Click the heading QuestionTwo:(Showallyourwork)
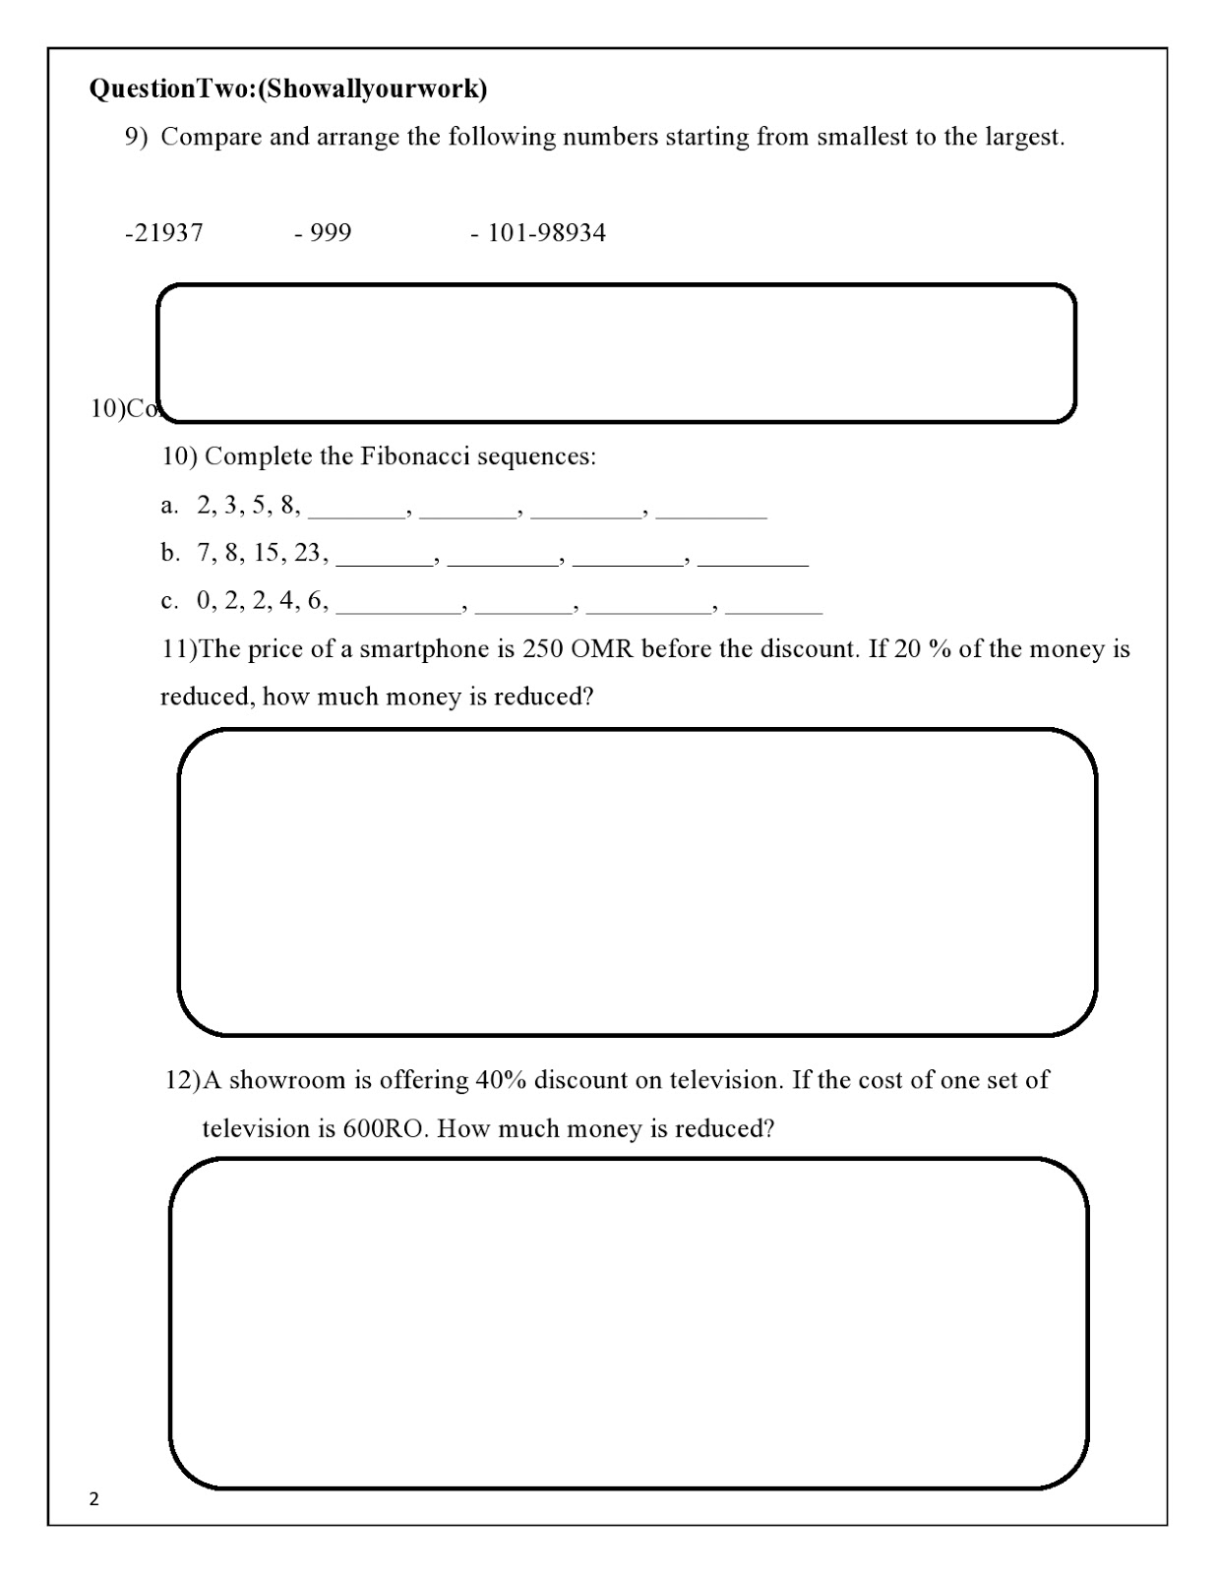click(x=288, y=90)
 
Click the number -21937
click(x=164, y=233)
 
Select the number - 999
click(x=323, y=233)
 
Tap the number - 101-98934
click(x=538, y=233)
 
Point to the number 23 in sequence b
click(x=308, y=553)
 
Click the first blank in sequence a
click(x=357, y=510)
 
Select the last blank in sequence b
click(x=753, y=558)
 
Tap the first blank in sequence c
click(x=398, y=605)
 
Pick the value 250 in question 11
click(x=542, y=650)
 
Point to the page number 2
click(x=94, y=1499)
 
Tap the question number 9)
click(x=136, y=137)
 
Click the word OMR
click(x=601, y=650)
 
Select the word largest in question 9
click(x=1023, y=137)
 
